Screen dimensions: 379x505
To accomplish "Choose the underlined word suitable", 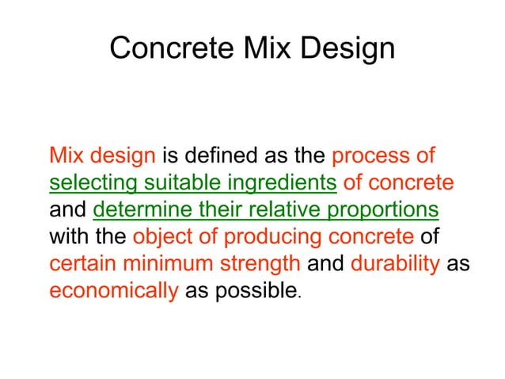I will coord(173,182).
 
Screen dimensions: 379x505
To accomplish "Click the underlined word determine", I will coord(139,209).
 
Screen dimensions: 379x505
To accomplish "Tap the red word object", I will coord(161,236).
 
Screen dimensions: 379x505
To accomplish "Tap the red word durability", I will coord(393,263).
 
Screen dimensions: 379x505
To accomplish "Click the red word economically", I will coord(113,290).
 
